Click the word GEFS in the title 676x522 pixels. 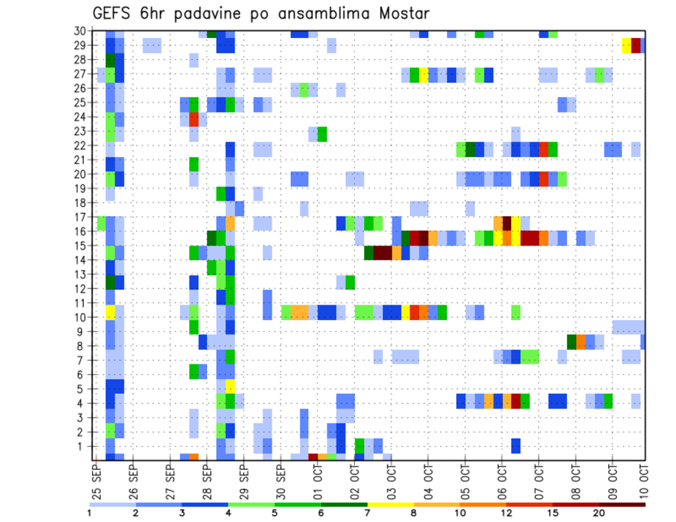pos(112,13)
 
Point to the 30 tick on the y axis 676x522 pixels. pos(81,31)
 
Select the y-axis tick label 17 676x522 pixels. pos(81,217)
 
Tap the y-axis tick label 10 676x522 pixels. pos(81,317)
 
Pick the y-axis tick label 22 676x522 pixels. pos(81,145)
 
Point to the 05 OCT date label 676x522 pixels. pos(464,478)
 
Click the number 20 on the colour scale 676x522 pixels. pos(600,513)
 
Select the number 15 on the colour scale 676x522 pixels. pos(553,513)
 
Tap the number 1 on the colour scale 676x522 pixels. pos(89,513)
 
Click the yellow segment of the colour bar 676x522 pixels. pos(391,504)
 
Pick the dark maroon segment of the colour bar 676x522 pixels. pos(622,504)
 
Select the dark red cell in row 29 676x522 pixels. pos(636,46)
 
